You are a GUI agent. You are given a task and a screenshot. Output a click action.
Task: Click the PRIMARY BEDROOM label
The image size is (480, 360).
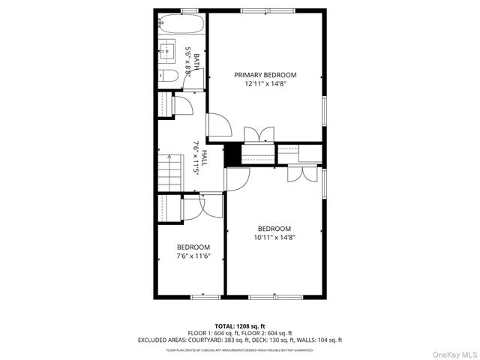point(265,75)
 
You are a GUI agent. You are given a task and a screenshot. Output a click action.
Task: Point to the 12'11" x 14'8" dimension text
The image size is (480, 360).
point(265,84)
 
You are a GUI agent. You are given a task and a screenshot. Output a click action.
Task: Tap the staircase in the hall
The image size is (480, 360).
point(170,173)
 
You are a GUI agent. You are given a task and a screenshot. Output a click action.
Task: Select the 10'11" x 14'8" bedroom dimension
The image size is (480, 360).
point(274,238)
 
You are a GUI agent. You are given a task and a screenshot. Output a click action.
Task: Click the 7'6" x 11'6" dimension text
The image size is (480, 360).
point(193,256)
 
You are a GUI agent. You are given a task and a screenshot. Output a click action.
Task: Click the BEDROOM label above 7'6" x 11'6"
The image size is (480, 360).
point(193,247)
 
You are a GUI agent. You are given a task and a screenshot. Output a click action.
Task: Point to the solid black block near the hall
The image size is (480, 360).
point(233,154)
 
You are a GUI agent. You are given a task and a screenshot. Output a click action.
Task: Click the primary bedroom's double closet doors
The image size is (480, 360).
point(259,135)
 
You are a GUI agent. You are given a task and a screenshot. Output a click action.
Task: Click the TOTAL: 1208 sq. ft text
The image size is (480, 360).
point(240,326)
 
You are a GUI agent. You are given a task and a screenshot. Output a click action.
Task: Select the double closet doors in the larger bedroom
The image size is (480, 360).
point(301,174)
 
